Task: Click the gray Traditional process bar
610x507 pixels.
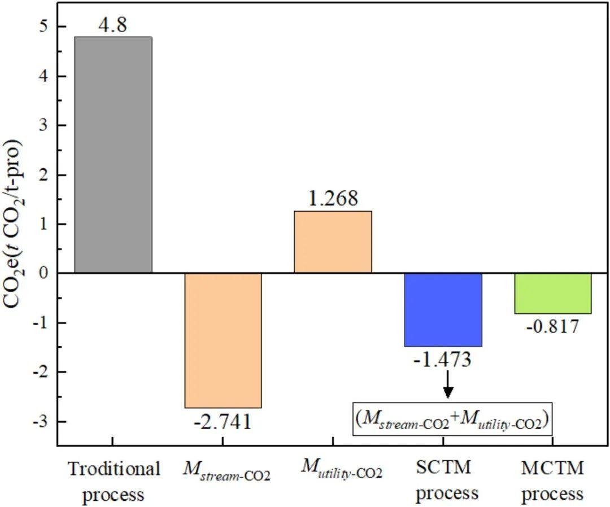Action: tap(113, 155)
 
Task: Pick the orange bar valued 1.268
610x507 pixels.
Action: tap(333, 242)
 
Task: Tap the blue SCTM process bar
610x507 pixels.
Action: tap(443, 310)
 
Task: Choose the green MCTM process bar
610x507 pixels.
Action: tap(552, 294)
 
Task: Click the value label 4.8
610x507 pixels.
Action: tap(112, 25)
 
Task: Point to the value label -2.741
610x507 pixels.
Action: tap(223, 422)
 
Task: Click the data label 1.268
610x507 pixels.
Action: tap(333, 199)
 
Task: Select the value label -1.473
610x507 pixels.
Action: tap(443, 360)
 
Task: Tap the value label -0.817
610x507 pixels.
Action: tap(552, 327)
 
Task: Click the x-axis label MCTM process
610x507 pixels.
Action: tap(552, 481)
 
